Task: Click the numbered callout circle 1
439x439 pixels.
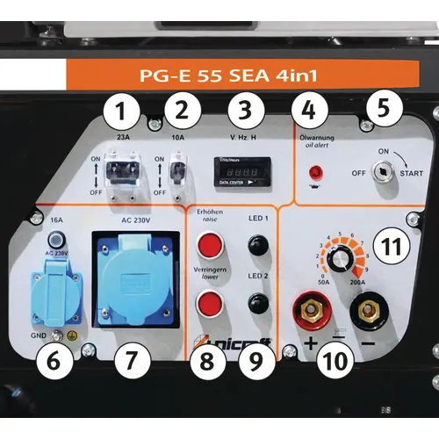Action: tap(123, 112)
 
